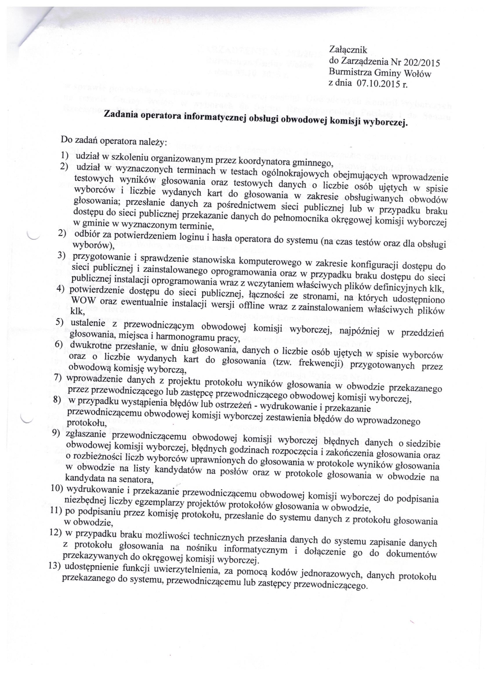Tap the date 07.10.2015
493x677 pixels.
coord(377,84)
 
